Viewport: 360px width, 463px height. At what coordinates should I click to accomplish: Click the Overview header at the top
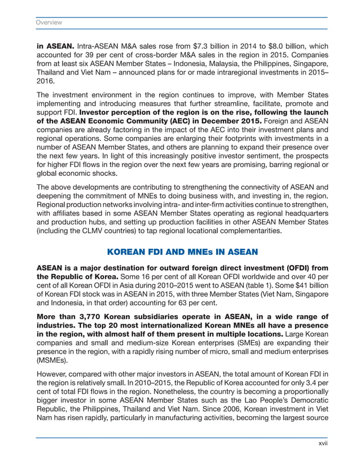[x=49, y=23]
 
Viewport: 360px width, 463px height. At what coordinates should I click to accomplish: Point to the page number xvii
[x=322, y=444]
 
